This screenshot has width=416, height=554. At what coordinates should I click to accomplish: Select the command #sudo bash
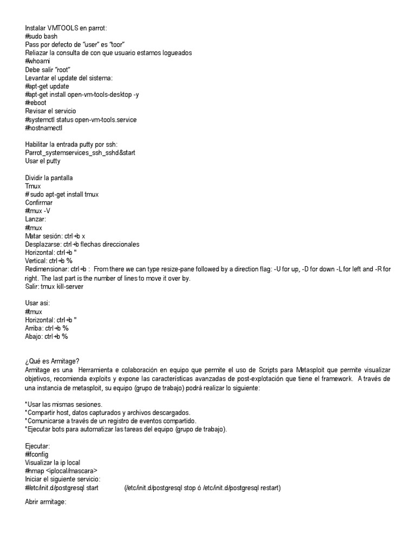(41, 36)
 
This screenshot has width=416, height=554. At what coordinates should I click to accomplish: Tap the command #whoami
(37, 61)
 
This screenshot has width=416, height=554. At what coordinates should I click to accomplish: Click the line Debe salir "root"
(48, 69)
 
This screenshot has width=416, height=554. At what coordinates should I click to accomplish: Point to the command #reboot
(36, 102)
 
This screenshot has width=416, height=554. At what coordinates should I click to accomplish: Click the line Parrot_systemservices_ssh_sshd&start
(80, 153)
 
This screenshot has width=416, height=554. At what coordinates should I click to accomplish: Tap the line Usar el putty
(43, 161)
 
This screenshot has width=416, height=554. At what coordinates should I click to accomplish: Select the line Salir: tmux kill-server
(54, 286)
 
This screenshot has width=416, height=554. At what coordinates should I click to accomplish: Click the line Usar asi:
(37, 303)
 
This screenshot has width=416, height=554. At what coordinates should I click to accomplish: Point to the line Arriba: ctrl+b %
(47, 328)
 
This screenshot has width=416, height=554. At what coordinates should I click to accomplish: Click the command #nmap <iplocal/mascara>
(61, 471)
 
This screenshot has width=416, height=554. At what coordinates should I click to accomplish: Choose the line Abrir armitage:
(45, 502)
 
